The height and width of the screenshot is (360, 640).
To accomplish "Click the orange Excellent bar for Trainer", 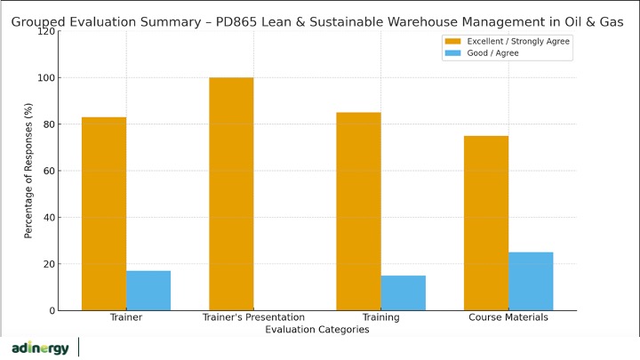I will [x=104, y=213].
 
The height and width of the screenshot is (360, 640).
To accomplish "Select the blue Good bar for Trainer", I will [x=148, y=291].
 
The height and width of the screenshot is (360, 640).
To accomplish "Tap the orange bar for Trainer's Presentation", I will [x=231, y=194].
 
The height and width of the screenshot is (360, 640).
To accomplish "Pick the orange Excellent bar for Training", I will [x=358, y=212].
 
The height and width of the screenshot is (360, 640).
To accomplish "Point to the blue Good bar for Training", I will [x=403, y=292].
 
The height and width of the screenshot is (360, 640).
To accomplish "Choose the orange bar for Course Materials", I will [x=486, y=223].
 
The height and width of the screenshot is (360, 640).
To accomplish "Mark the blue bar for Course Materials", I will [x=531, y=281].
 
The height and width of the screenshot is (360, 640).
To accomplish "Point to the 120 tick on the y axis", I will [x=46, y=31].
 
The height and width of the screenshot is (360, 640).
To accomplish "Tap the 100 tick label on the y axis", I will [x=46, y=78].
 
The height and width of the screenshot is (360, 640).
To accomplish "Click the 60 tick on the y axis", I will [x=49, y=171].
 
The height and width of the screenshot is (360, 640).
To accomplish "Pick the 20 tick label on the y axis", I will [x=49, y=264].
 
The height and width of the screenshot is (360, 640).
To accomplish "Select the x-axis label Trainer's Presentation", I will [x=253, y=317].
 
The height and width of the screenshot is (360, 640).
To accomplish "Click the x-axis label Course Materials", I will [x=508, y=317].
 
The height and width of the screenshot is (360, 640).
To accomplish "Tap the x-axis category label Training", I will [x=380, y=317].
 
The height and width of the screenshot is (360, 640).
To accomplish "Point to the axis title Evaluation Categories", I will [x=316, y=330].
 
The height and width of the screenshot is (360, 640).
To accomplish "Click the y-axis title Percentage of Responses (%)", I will [x=28, y=172].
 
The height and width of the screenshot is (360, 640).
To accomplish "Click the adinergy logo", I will [x=40, y=348].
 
